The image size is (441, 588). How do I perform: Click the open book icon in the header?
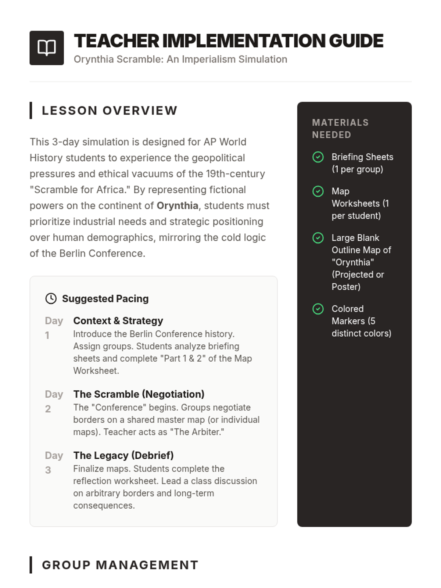[47, 48]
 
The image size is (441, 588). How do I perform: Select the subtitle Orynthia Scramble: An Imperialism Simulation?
[180, 59]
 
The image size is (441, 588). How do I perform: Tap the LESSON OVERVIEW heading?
[110, 111]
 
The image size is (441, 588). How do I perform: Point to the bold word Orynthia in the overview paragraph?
[177, 205]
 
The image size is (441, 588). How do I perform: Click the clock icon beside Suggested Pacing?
[51, 298]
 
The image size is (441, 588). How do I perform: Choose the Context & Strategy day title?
[118, 320]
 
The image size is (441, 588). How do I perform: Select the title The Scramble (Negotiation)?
[139, 394]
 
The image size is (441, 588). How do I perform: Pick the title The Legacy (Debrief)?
[123, 455]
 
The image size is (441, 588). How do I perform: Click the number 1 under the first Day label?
[47, 335]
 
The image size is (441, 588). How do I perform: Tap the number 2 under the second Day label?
[48, 409]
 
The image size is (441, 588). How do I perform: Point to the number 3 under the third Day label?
[48, 470]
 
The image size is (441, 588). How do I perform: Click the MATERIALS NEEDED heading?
[340, 129]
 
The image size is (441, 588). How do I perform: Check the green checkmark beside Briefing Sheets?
[318, 157]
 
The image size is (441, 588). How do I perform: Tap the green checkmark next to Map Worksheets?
[318, 191]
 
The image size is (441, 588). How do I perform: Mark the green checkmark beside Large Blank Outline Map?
[318, 238]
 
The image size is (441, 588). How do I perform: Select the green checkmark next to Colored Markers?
[318, 309]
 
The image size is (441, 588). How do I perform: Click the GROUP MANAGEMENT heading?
[120, 565]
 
